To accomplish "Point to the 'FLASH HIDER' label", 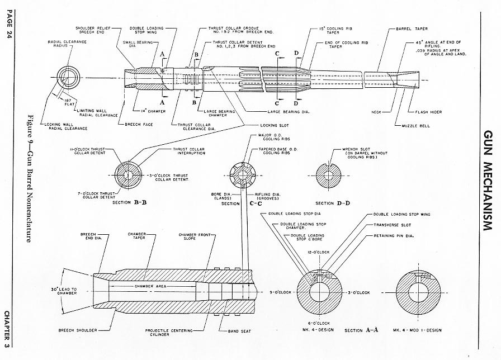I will point(428,112).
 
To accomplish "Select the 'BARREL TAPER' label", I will point(412,29).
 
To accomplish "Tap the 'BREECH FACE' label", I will point(137,124).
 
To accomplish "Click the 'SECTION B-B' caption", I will point(129,202).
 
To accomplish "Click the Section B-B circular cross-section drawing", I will point(128,175).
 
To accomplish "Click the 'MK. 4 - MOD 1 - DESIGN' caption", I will point(417,330).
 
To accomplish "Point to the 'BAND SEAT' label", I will point(239,331).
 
